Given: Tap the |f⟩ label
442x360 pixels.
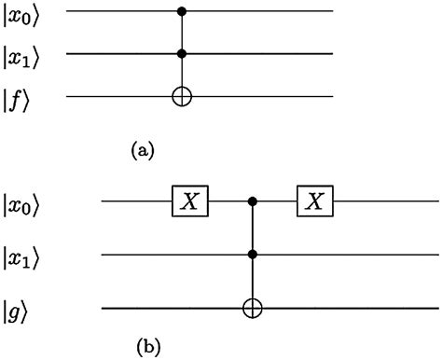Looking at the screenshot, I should [19, 95].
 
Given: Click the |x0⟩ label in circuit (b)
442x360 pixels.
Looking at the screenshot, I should [21, 201].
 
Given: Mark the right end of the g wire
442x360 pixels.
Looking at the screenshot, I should [435, 305].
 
